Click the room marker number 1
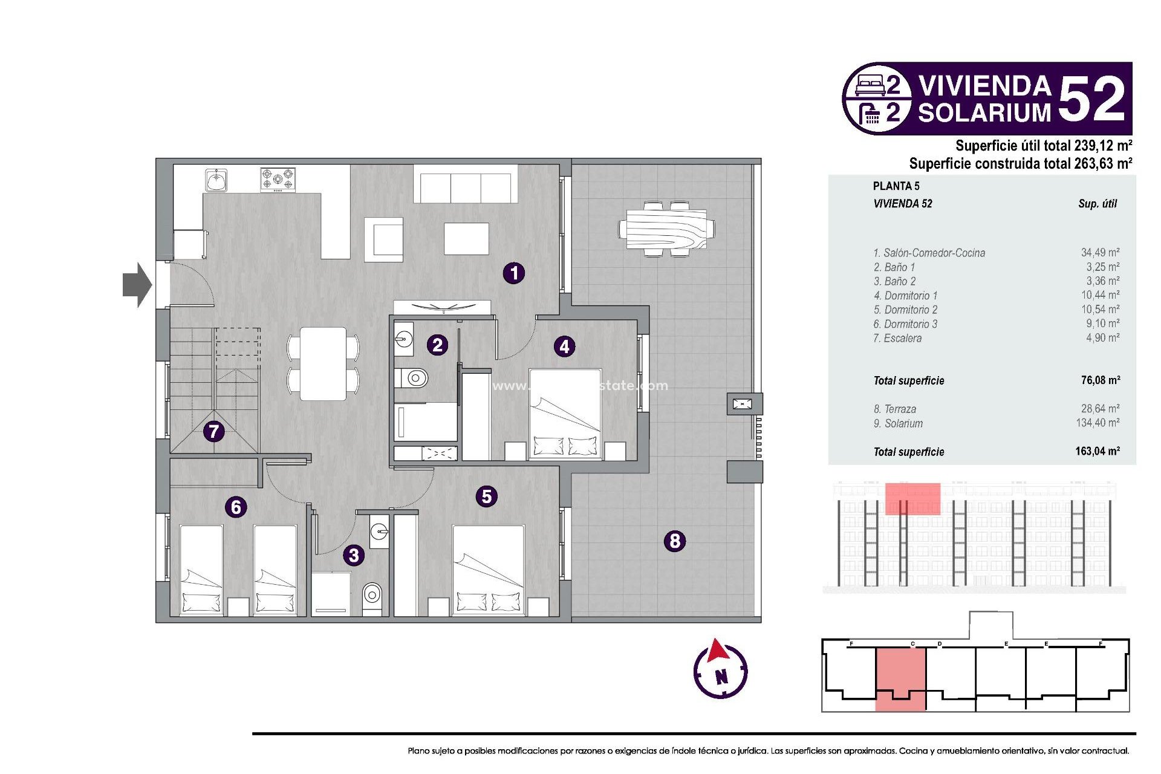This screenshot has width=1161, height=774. [514, 273]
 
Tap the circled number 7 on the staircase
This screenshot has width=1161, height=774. [213, 431]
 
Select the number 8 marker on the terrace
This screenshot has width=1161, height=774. [675, 540]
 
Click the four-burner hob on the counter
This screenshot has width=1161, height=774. [278, 180]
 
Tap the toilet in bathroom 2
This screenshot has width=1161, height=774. [414, 379]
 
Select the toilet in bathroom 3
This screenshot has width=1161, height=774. [372, 596]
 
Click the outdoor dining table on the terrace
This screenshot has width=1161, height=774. [666, 229]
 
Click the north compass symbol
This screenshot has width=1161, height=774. [720, 670]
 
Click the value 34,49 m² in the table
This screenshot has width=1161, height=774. [1100, 253]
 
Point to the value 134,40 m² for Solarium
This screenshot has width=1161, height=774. [1097, 423]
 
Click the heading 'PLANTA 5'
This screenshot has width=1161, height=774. [896, 186]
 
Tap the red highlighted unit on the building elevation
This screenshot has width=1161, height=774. [912, 499]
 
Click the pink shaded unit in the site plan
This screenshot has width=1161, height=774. [900, 677]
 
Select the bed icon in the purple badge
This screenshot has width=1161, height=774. [871, 85]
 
